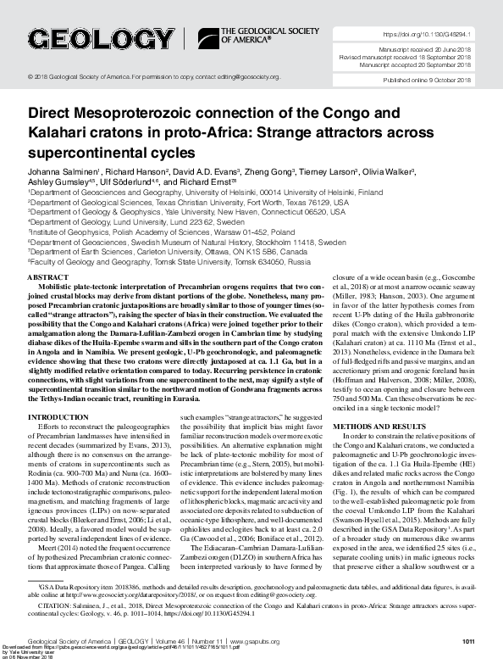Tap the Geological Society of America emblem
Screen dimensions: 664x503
pyautogui.click(x=207, y=38)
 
